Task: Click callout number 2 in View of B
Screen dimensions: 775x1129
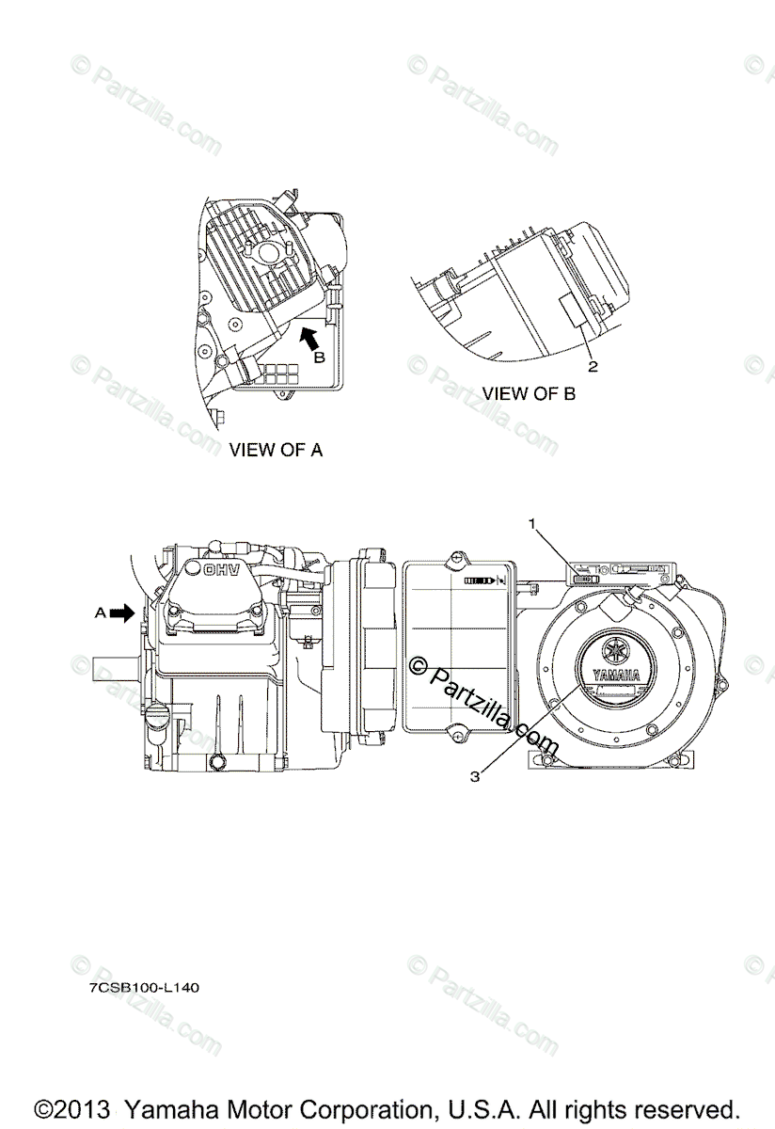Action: (593, 365)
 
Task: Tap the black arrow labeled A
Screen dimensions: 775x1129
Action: (121, 612)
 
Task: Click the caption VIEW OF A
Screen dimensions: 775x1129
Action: (276, 450)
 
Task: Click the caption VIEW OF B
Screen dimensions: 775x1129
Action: (529, 393)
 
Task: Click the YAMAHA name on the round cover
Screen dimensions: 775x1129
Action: (616, 675)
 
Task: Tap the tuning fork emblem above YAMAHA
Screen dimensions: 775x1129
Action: (616, 650)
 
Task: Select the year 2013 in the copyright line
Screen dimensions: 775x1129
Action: (82, 1108)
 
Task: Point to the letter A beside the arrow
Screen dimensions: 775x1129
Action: (100, 612)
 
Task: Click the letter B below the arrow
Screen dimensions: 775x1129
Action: (319, 358)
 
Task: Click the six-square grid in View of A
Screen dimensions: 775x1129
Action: (277, 373)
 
